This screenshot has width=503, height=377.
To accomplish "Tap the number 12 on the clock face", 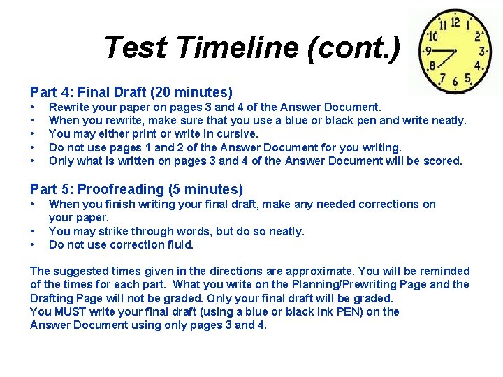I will click(x=455, y=22).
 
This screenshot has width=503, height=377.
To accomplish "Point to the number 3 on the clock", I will click(x=482, y=51).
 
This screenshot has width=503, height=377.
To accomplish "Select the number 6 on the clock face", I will click(x=455, y=82).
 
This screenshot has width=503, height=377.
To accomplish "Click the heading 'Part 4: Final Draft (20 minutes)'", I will click(x=131, y=92).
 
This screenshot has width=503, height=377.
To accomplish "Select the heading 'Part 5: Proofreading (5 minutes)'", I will click(x=136, y=189).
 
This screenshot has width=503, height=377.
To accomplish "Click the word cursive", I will click(x=238, y=133).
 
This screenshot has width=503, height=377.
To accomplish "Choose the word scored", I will click(x=442, y=161).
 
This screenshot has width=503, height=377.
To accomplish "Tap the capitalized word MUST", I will click(x=71, y=311).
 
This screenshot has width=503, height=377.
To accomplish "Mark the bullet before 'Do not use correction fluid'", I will click(x=33, y=244).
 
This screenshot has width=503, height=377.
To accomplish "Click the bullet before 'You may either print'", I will click(x=33, y=133).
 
